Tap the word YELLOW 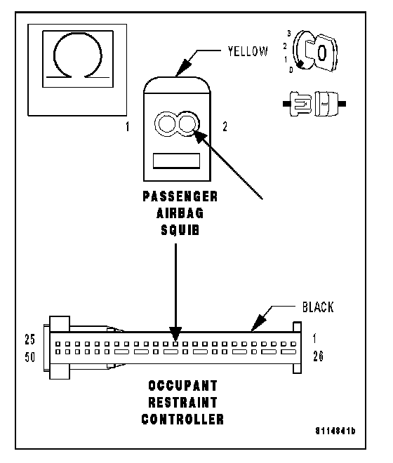(x=248, y=51)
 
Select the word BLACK (x=318, y=307)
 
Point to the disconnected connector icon (x=314, y=104)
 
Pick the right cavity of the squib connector (x=187, y=124)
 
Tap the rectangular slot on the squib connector (x=176, y=161)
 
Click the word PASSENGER (x=180, y=196)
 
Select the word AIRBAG (x=180, y=213)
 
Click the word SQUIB (x=180, y=230)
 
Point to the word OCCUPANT (x=182, y=386)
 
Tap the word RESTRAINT (x=182, y=403)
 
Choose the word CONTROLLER (x=182, y=420)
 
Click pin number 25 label (x=30, y=340)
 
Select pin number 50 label (x=30, y=357)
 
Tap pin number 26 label (x=318, y=356)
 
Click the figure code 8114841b (x=335, y=431)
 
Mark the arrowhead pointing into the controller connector (x=175, y=334)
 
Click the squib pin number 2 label (x=225, y=127)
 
